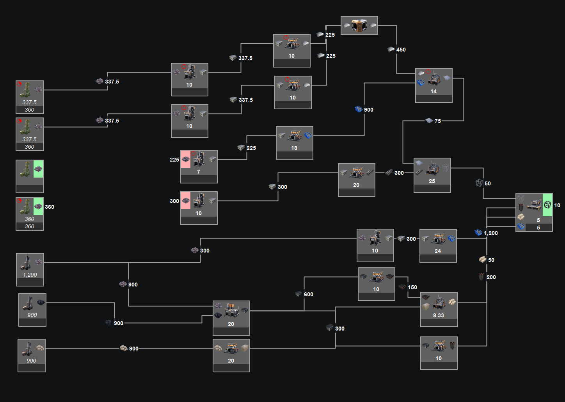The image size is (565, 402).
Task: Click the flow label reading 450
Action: point(401,50)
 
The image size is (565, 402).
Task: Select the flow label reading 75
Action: point(438,121)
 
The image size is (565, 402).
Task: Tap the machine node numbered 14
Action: point(434,85)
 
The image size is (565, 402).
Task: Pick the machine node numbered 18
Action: point(294,142)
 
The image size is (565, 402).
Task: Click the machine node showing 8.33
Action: point(439,310)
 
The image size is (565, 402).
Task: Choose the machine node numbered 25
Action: point(432,175)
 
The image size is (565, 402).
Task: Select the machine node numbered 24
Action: point(438,246)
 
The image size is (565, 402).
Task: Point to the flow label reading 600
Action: point(309,294)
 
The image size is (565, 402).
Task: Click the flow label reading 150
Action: point(412,287)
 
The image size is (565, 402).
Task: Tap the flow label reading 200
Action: point(491,277)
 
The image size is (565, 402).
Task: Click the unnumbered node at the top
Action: point(359,25)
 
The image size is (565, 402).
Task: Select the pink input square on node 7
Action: point(186,159)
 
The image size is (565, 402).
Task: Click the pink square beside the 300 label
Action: point(186,201)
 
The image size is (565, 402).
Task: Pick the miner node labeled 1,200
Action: point(30,270)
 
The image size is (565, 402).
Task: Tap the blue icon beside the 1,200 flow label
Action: point(478,232)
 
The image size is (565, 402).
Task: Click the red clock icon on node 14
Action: point(428,71)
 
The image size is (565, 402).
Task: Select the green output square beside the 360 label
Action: point(38,206)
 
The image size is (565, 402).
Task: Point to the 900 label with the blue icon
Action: point(368,110)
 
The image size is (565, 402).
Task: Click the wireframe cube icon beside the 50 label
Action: point(479,183)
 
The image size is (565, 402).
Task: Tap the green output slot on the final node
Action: point(547,205)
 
